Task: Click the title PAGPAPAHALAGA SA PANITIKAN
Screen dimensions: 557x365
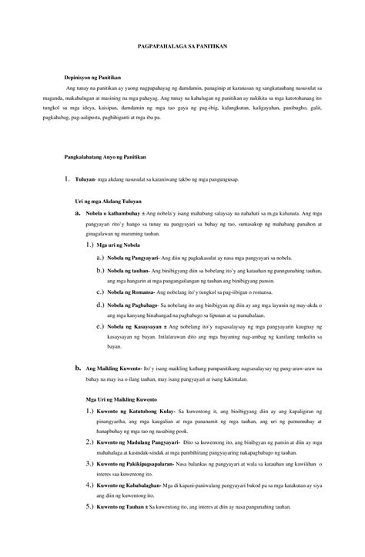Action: coord(182,45)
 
